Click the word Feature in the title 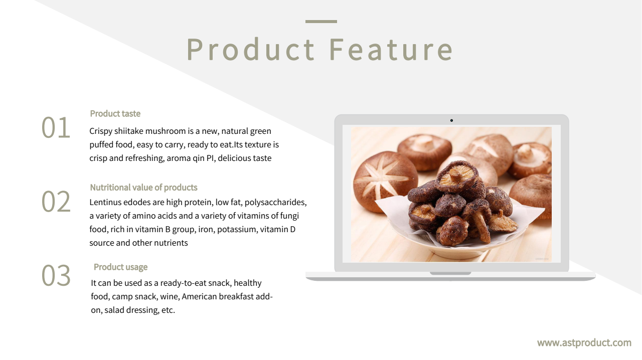(391, 49)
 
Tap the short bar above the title (321, 22)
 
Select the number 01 (56, 127)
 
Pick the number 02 (56, 202)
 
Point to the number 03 (56, 275)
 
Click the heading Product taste (115, 114)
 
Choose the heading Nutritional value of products (143, 188)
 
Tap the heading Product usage (121, 267)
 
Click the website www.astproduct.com (584, 343)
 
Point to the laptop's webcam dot (451, 121)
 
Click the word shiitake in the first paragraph (129, 131)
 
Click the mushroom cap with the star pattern (385, 181)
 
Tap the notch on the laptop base (450, 273)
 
